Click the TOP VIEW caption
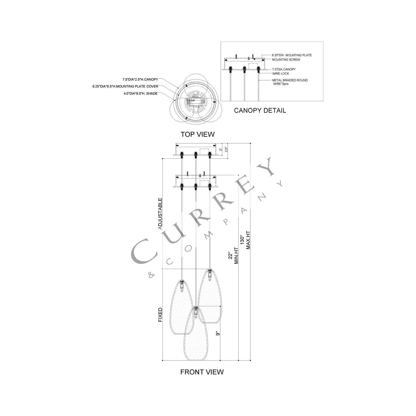(197, 134)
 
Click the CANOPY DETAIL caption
(260, 110)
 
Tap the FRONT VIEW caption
(202, 372)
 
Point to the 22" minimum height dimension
(230, 255)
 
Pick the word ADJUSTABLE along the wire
(160, 214)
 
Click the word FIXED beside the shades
(160, 315)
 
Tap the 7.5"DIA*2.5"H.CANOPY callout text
(140, 80)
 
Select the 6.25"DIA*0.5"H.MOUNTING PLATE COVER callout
(125, 87)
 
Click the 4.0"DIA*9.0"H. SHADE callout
(140, 94)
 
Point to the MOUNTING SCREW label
(286, 60)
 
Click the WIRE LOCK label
(280, 73)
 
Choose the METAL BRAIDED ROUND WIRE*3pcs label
(290, 82)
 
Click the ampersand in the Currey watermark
(151, 275)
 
